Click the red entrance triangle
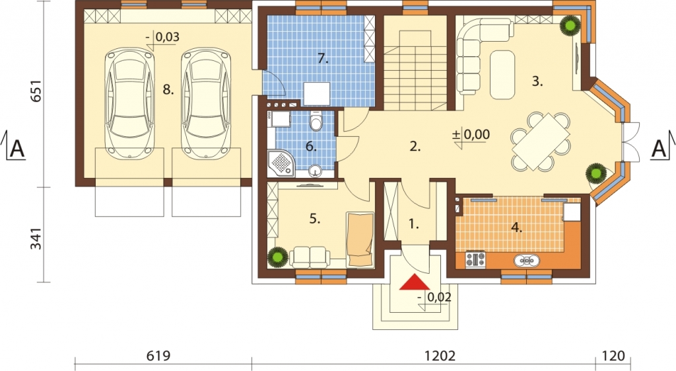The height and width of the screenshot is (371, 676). (x=415, y=282)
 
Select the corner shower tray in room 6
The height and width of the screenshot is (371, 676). (x=281, y=163)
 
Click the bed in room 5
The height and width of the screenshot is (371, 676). (x=360, y=239)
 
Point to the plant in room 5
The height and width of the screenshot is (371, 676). (x=277, y=257)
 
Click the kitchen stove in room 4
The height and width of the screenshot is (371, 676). (x=475, y=259)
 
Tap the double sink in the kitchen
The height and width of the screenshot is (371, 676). (x=526, y=261)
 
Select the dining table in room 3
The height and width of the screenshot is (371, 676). (x=541, y=142)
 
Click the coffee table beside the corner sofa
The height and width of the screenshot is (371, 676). (x=502, y=75)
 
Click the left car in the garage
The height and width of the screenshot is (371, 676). (x=130, y=103)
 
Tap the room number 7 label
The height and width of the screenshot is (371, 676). (x=323, y=58)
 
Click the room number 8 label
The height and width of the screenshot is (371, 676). (x=168, y=90)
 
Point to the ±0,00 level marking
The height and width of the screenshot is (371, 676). (x=471, y=134)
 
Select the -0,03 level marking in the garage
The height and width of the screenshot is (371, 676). (x=162, y=37)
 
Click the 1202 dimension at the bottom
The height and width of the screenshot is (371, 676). (x=440, y=356)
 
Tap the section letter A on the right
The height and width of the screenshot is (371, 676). (x=659, y=149)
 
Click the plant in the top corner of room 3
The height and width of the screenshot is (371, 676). (x=570, y=26)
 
